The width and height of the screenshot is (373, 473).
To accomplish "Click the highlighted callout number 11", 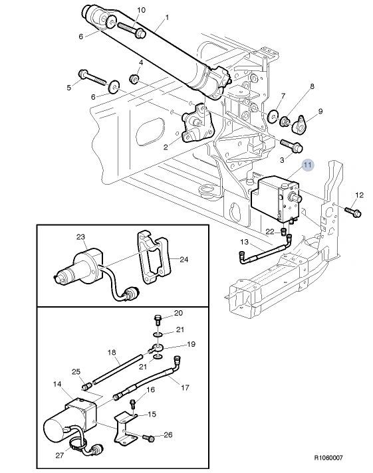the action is (307, 165).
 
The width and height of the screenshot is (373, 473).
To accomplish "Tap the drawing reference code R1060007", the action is (328, 458).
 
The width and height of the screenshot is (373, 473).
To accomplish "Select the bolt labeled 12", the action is (353, 211).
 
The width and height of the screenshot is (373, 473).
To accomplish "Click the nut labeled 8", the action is (285, 122).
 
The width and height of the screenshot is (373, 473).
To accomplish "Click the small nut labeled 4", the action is (134, 79).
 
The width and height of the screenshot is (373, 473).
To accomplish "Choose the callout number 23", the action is (80, 236).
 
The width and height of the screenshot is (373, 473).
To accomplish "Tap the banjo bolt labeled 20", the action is (158, 320).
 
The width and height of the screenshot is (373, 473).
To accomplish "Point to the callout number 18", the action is (112, 352).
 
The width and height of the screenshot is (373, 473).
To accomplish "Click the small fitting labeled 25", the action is (86, 387).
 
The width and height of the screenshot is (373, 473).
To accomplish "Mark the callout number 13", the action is (244, 242).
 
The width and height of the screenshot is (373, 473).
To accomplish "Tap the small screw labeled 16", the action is (133, 404).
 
